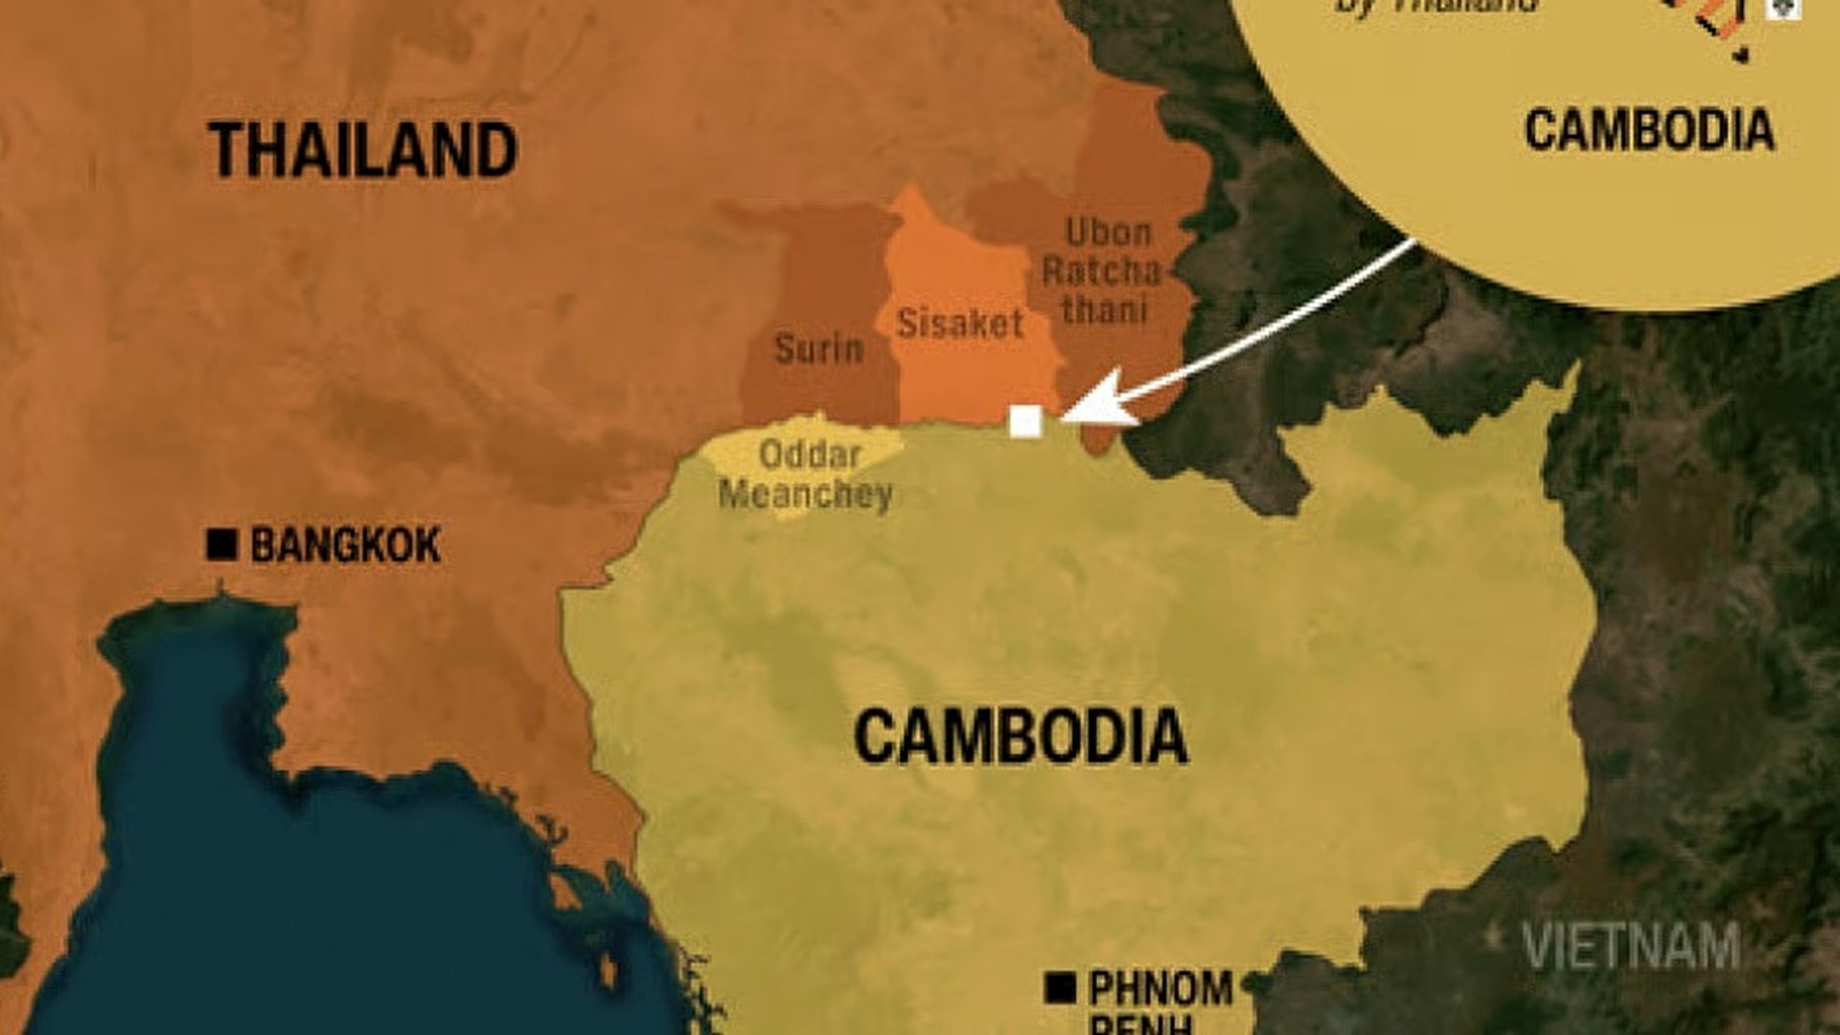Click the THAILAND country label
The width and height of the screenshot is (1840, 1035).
362,150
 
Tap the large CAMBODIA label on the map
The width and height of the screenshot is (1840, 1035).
1020,737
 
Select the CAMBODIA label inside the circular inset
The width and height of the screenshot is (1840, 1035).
1649,130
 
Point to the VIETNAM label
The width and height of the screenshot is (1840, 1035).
1631,946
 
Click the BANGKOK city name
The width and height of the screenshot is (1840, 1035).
345,545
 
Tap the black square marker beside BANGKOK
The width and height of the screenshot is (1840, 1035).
221,544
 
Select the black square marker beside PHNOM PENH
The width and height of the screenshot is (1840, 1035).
1060,987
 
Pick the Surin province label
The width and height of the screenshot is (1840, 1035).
818,349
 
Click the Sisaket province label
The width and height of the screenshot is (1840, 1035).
960,324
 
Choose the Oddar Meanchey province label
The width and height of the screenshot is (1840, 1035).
806,474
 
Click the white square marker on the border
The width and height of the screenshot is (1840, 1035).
1025,421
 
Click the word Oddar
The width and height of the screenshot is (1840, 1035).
810,453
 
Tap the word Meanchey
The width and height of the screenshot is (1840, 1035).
806,494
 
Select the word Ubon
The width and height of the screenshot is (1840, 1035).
1109,233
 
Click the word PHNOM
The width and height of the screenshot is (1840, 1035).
1161,988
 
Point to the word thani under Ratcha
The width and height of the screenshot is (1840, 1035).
1105,310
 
